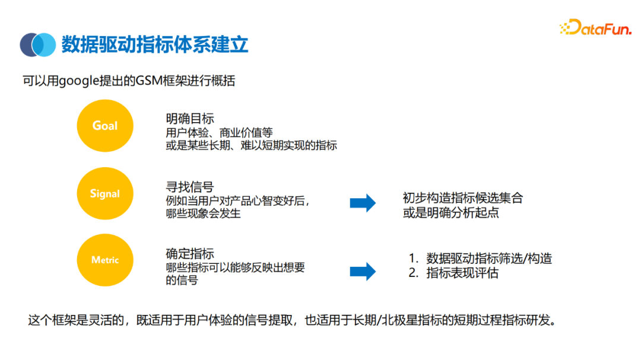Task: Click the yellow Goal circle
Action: point(105,126)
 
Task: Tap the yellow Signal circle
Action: point(105,193)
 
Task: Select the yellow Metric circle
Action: point(105,260)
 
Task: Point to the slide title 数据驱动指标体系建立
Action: point(155,44)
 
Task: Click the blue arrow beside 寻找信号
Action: point(363,203)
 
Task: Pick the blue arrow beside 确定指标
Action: point(363,272)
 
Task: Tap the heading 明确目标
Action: point(190,119)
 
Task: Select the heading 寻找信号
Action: point(190,187)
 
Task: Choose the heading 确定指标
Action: point(190,254)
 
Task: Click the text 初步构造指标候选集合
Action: point(463,198)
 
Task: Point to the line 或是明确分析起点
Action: point(451,212)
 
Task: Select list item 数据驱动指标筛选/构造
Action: point(488,259)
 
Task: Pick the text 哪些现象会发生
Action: point(204,214)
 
